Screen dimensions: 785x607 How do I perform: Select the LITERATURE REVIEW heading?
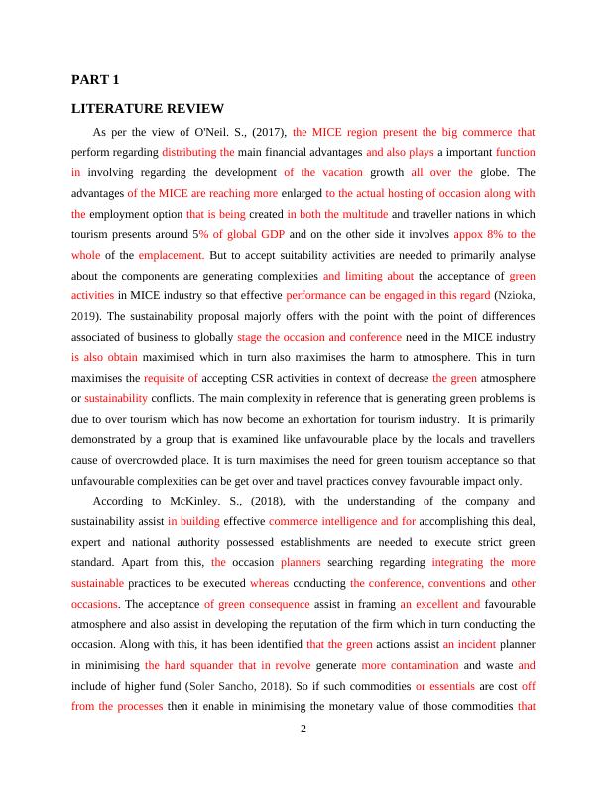coord(148,108)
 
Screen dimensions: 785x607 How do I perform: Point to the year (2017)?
coord(268,131)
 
